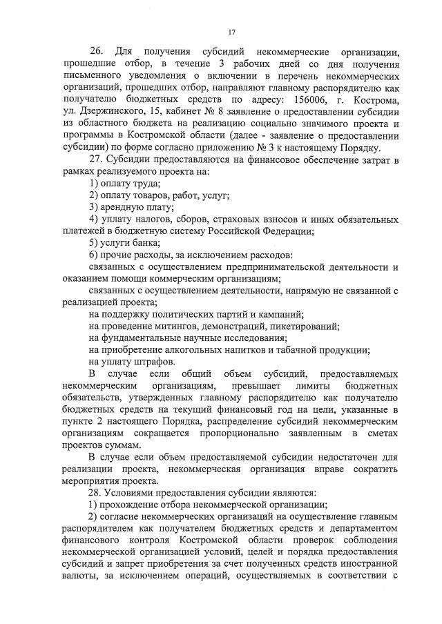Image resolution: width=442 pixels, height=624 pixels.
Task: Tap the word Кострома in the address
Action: (x=375, y=101)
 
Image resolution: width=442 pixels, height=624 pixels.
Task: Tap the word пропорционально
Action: (x=237, y=432)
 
